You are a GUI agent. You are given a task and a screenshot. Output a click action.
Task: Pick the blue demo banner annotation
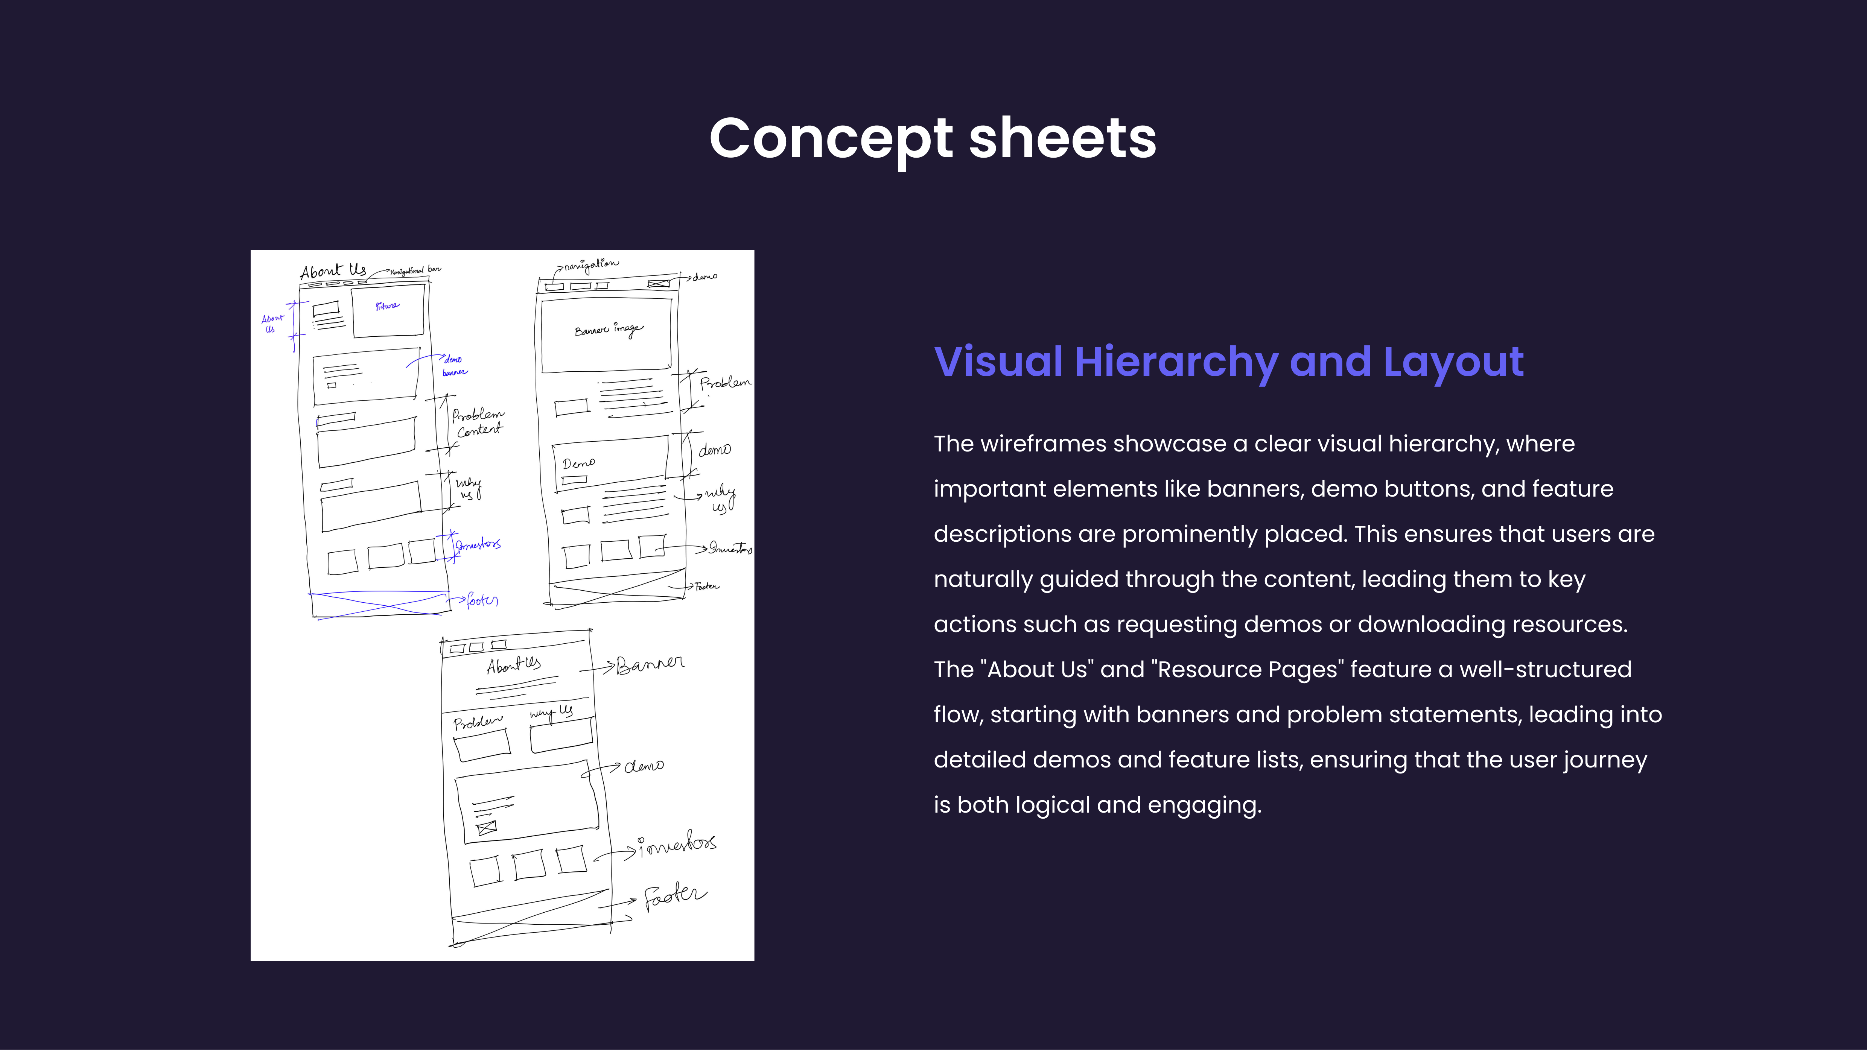[454, 365]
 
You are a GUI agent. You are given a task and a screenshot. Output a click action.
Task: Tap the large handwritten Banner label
[650, 664]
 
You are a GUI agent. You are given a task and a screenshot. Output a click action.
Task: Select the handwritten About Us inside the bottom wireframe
[513, 664]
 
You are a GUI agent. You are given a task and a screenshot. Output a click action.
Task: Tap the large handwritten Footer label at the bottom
[674, 896]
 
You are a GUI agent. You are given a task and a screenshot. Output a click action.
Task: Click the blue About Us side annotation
[272, 323]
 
